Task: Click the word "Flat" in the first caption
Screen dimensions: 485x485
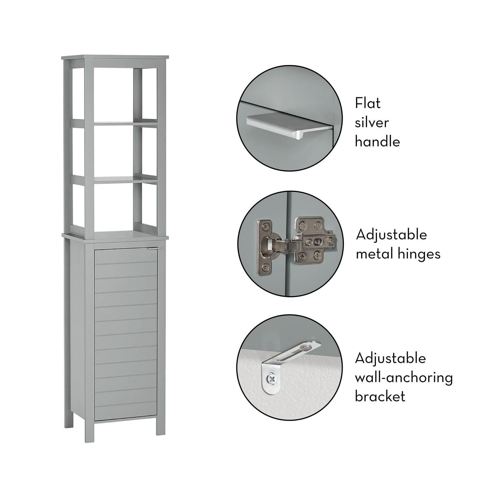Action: coord(368,103)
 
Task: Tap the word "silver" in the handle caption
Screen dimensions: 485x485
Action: coord(372,123)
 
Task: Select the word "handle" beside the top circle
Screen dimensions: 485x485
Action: coord(377,142)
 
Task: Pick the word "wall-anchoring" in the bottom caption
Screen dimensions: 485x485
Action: coord(404,378)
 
